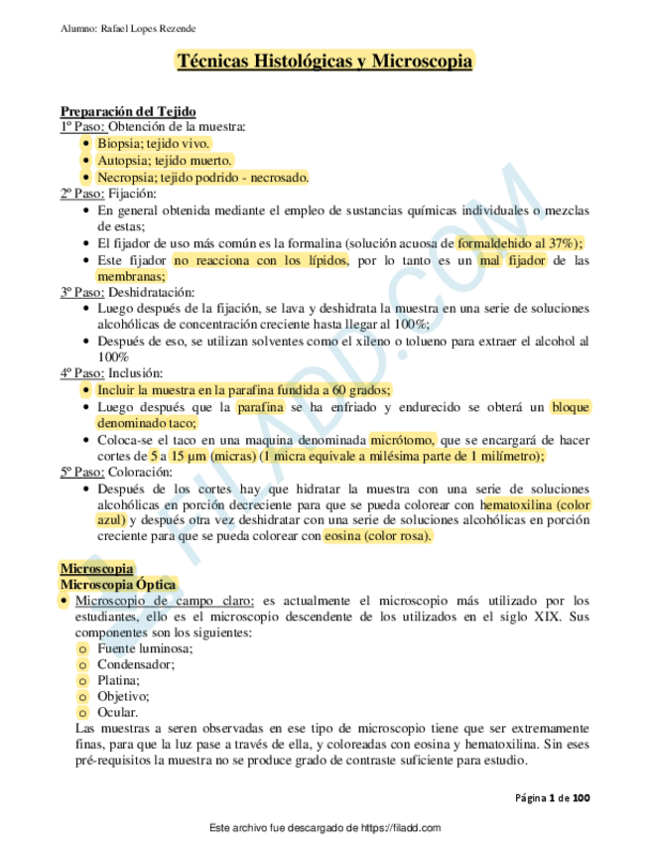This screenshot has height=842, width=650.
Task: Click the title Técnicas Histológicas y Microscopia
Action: tap(325, 62)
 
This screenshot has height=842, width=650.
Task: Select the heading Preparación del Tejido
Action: tap(128, 111)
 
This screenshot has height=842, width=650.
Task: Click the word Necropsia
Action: tap(126, 177)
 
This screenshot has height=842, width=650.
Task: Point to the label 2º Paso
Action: tap(82, 194)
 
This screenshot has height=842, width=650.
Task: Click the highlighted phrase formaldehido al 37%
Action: tap(519, 242)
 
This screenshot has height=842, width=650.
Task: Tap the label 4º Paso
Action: tap(82, 373)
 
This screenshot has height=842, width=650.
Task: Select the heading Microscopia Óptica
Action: tap(118, 585)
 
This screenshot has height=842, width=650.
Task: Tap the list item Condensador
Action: tap(136, 664)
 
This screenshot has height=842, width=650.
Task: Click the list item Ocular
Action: tap(117, 712)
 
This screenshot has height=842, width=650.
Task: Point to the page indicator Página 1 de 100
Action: tap(554, 797)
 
